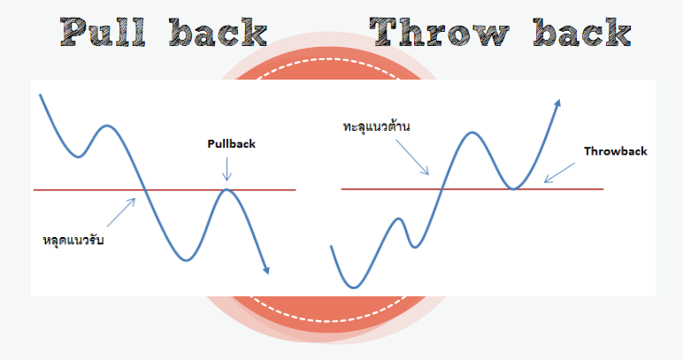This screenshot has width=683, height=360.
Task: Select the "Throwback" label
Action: tap(615, 151)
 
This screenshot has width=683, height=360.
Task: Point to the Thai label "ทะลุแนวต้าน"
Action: tap(378, 126)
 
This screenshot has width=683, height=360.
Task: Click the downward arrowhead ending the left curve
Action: tap(265, 269)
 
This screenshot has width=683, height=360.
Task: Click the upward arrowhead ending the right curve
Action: tap(558, 104)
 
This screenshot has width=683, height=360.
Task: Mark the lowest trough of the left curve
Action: tap(186, 259)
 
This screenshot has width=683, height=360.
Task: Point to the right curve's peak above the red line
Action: tap(472, 133)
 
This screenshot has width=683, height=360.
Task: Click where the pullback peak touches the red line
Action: tap(227, 189)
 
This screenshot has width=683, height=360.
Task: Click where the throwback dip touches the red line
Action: tap(513, 188)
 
